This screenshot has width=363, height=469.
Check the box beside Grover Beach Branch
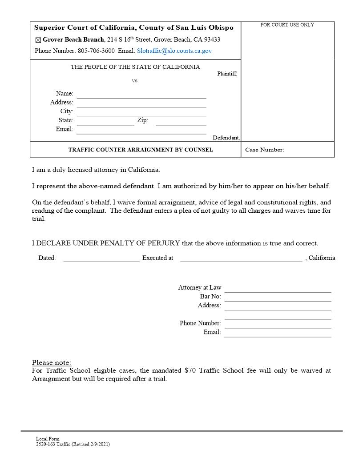point(38,40)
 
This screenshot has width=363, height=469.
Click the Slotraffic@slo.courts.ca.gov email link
point(174,51)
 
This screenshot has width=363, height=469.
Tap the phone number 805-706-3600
point(96,51)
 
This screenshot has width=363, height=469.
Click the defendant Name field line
point(141,95)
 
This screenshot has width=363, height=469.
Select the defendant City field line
point(141,112)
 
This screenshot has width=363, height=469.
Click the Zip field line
point(181,122)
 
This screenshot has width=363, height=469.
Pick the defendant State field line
point(105,122)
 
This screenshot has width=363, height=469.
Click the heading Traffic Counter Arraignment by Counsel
point(141,150)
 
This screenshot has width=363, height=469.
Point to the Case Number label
point(264,150)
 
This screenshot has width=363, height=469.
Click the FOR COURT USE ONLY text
point(287,25)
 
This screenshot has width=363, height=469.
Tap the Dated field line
point(101,259)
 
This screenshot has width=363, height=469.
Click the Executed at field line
point(241,259)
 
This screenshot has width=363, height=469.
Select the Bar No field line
point(278,298)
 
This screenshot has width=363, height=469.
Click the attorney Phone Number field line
point(278,324)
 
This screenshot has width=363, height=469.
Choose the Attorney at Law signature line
point(278,289)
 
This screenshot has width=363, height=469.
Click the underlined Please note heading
point(52,362)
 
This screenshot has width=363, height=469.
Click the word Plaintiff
point(227,74)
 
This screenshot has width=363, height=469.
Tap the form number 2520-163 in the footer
point(45,444)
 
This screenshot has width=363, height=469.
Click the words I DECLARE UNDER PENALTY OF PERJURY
point(106,243)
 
